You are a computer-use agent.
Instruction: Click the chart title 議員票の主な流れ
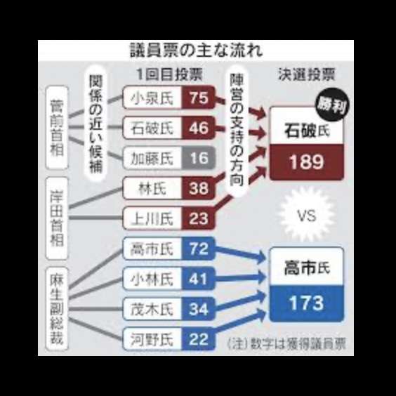pyautogui.click(x=196, y=51)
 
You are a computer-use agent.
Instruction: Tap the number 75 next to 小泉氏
pyautogui.click(x=199, y=98)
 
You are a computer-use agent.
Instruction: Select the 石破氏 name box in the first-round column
pyautogui.click(x=152, y=128)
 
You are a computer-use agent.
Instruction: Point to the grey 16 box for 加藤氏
pyautogui.click(x=199, y=158)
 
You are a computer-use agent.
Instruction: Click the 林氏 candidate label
pyautogui.click(x=152, y=188)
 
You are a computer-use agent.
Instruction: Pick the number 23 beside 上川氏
pyautogui.click(x=199, y=218)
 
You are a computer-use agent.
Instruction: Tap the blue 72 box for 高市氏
pyautogui.click(x=199, y=249)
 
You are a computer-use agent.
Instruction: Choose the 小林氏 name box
pyautogui.click(x=152, y=279)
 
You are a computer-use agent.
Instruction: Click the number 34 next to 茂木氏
pyautogui.click(x=199, y=309)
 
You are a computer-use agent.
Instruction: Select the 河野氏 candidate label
pyautogui.click(x=152, y=339)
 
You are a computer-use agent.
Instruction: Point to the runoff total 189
pyautogui.click(x=307, y=162)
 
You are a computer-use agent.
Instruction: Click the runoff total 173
pyautogui.click(x=307, y=303)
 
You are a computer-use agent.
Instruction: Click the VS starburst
pyautogui.click(x=307, y=216)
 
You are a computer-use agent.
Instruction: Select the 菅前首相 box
pyautogui.click(x=57, y=128)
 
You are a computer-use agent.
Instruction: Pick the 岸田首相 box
pyautogui.click(x=57, y=218)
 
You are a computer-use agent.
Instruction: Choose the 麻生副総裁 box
pyautogui.click(x=57, y=309)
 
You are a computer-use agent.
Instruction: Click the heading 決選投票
pyautogui.click(x=307, y=74)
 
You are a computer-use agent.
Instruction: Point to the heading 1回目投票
pyautogui.click(x=169, y=74)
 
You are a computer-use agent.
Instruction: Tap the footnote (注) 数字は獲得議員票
pyautogui.click(x=286, y=344)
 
